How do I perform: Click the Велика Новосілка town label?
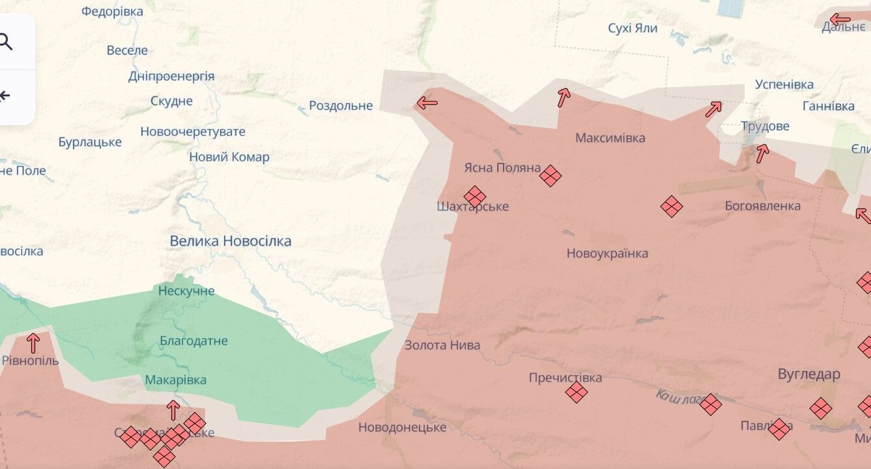tap(230, 241)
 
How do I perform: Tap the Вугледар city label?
tap(808, 374)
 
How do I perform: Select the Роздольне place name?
tap(341, 106)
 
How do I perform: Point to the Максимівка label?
tap(610, 138)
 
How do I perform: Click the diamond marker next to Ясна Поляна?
tap(550, 175)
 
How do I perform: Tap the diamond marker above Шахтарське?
tap(475, 196)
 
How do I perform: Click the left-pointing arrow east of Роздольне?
tap(427, 102)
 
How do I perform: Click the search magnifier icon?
tap(5, 42)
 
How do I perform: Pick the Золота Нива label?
tap(442, 345)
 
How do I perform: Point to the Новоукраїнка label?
tap(607, 253)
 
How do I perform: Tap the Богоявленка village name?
tap(762, 206)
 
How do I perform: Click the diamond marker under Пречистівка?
tap(576, 391)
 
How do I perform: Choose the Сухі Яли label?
tap(632, 29)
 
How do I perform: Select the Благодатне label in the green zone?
tap(193, 341)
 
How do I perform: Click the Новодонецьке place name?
tap(402, 427)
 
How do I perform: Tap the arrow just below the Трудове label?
tap(762, 153)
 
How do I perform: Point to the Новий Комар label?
tap(229, 157)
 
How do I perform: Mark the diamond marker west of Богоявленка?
tap(671, 206)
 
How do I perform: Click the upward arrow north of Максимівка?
tap(564, 98)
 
